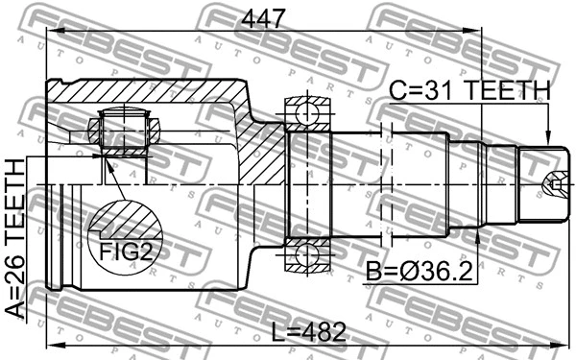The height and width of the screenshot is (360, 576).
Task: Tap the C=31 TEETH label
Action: point(469,90)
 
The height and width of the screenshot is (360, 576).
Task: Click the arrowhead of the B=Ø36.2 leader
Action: point(477,232)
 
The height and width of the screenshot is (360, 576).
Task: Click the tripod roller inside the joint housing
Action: point(121,132)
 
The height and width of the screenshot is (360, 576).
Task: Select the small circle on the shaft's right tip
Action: point(555,182)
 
